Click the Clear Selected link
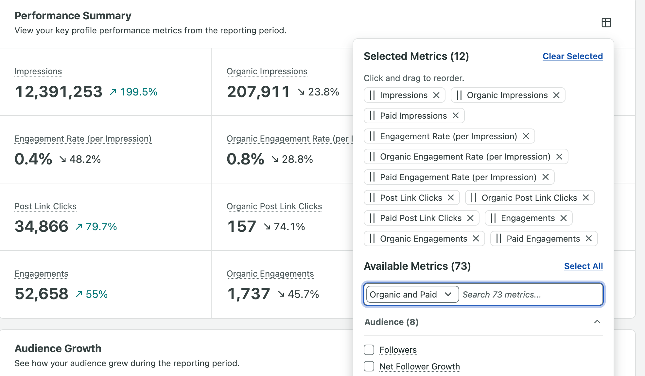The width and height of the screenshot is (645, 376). coord(573,56)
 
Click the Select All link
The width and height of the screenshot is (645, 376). coord(584,266)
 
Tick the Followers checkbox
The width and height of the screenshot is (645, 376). coord(369,350)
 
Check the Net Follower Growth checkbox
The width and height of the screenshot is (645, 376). coord(369,366)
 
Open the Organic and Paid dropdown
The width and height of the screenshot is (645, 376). coord(412,294)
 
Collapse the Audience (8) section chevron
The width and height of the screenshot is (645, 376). coord(597,322)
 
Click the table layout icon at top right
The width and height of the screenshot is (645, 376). coord(606,23)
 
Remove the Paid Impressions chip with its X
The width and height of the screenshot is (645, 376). coord(456,115)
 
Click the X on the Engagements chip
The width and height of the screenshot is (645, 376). coord(564,218)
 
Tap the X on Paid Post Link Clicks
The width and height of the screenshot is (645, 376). coord(470,218)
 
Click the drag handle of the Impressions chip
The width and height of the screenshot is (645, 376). coord(372,95)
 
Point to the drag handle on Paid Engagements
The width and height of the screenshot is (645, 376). coord(498,239)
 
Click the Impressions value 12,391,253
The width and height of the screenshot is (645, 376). coord(59,92)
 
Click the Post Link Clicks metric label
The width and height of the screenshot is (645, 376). coord(45,206)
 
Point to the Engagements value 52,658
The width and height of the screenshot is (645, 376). coord(42,294)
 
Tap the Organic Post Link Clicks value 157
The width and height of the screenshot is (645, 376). coord(242,226)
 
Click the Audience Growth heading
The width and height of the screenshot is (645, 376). coord(58,349)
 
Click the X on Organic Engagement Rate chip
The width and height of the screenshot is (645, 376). coord(559,157)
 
